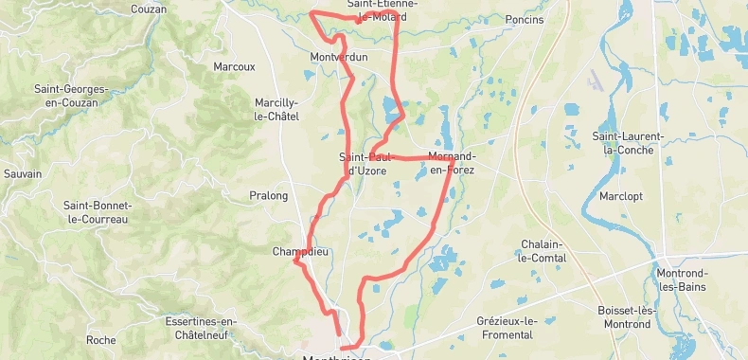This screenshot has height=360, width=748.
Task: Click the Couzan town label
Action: point(150,9)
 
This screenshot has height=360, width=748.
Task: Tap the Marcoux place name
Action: point(235,67)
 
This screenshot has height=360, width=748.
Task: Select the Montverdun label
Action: point(338,58)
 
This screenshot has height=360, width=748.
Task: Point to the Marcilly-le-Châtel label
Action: point(276,110)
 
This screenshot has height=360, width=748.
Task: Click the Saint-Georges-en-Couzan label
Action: point(71,96)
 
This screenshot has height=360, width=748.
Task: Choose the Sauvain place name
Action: point(23,174)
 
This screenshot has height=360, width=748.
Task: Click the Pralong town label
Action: point(268,196)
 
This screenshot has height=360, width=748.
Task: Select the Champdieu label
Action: point(299,252)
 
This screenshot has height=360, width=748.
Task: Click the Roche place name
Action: point(100,340)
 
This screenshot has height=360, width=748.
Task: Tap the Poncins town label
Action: point(525,20)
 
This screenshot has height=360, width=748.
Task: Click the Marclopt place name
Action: point(621,197)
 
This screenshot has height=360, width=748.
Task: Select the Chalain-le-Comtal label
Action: point(543,251)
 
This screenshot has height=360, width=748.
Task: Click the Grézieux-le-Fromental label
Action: point(506,328)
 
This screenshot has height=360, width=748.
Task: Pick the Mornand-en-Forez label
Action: point(452,163)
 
